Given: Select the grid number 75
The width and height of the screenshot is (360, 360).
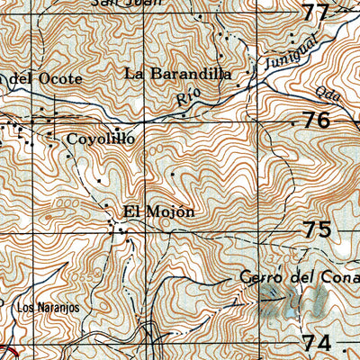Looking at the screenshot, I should pos(317,229).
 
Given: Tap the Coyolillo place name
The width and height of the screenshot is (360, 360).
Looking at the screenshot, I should pos(101,139).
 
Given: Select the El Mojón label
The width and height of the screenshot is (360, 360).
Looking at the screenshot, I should pos(158,212).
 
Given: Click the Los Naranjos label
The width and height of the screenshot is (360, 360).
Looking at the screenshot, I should pos(49,308).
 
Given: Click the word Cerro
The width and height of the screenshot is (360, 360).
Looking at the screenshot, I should pos(263,278).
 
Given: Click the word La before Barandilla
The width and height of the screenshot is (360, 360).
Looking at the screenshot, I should pos(135,73).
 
